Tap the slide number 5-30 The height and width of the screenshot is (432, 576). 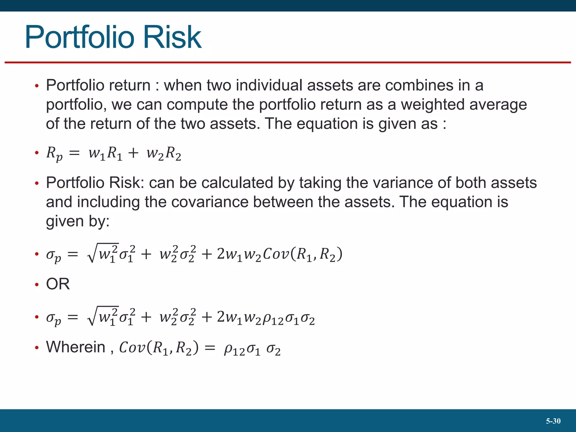click(x=553, y=421)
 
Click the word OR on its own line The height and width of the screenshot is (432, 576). click(x=58, y=284)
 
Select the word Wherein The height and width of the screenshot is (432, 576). click(x=76, y=347)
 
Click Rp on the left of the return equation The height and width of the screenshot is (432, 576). click(x=54, y=154)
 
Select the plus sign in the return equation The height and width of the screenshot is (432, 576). click(x=133, y=153)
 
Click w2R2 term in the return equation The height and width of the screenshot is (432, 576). click(x=164, y=154)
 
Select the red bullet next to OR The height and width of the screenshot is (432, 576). click(x=37, y=285)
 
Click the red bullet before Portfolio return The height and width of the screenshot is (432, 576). click(x=37, y=86)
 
